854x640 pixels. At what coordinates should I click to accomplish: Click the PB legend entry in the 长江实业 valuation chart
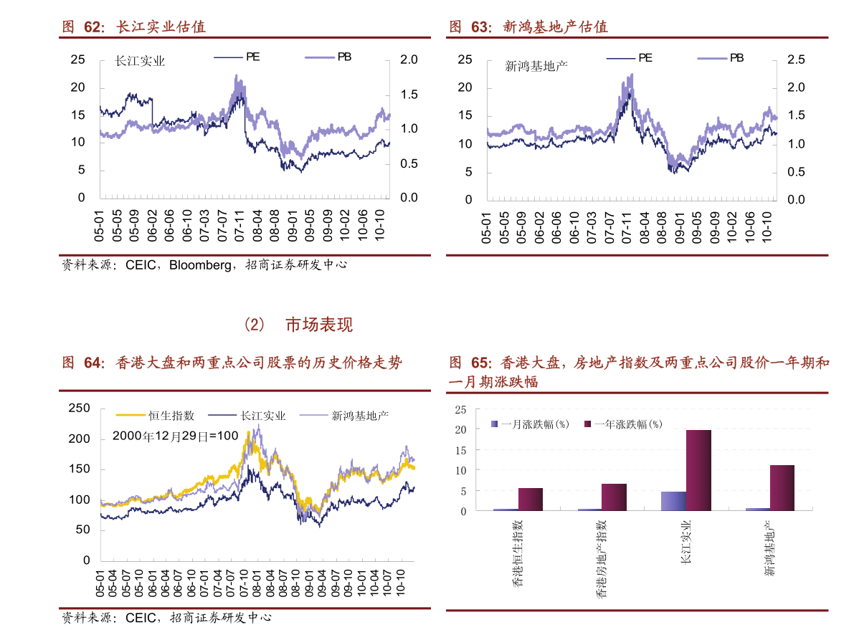pos(328,57)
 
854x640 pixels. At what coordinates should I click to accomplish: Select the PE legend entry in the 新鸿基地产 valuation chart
pos(629,57)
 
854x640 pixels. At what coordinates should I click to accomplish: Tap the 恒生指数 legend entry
pos(155,416)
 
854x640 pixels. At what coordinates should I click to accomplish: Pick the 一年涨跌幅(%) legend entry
pos(624,424)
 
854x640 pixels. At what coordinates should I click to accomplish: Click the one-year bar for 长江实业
pos(698,470)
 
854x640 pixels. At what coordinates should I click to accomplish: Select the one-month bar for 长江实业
pos(674,501)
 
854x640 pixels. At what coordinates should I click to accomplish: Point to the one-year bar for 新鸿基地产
pos(782,487)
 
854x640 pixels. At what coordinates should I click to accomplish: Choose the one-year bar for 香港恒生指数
pos(531,499)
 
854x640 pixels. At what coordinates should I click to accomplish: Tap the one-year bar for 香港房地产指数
pos(614,497)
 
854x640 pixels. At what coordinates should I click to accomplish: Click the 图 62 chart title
pos(134,27)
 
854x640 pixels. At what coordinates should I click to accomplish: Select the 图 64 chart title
pos(232,363)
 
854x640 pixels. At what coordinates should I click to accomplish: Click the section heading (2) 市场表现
pos(298,325)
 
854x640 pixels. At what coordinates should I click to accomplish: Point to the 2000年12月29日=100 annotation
pos(176,436)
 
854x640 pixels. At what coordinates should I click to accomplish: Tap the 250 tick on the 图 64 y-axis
pos(79,409)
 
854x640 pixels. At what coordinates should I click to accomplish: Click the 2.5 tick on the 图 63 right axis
pos(796,59)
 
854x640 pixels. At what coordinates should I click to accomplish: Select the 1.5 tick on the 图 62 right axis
pos(409,94)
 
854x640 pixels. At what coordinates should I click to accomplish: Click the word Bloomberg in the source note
pos(200,265)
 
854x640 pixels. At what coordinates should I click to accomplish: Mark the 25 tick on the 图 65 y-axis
pos(461,410)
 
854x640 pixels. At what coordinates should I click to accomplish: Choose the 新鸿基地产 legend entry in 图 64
pos(344,416)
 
